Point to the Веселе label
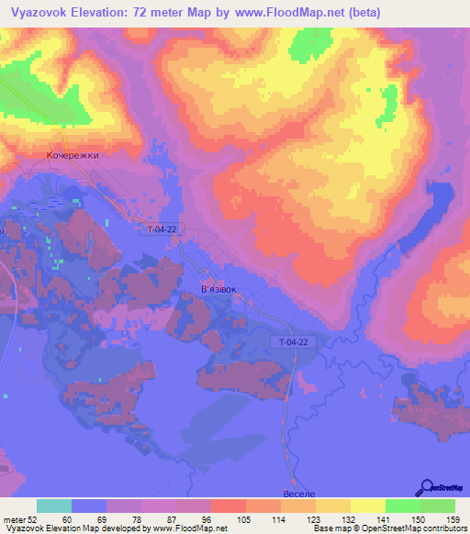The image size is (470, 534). coord(298,494)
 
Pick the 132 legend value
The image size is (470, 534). coord(351,519)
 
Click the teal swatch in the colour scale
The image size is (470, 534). coord(54,506)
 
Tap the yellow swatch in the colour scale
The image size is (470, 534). coord(368,506)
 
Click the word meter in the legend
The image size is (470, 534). coord(16,519)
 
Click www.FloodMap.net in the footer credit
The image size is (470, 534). coord(192,528)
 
